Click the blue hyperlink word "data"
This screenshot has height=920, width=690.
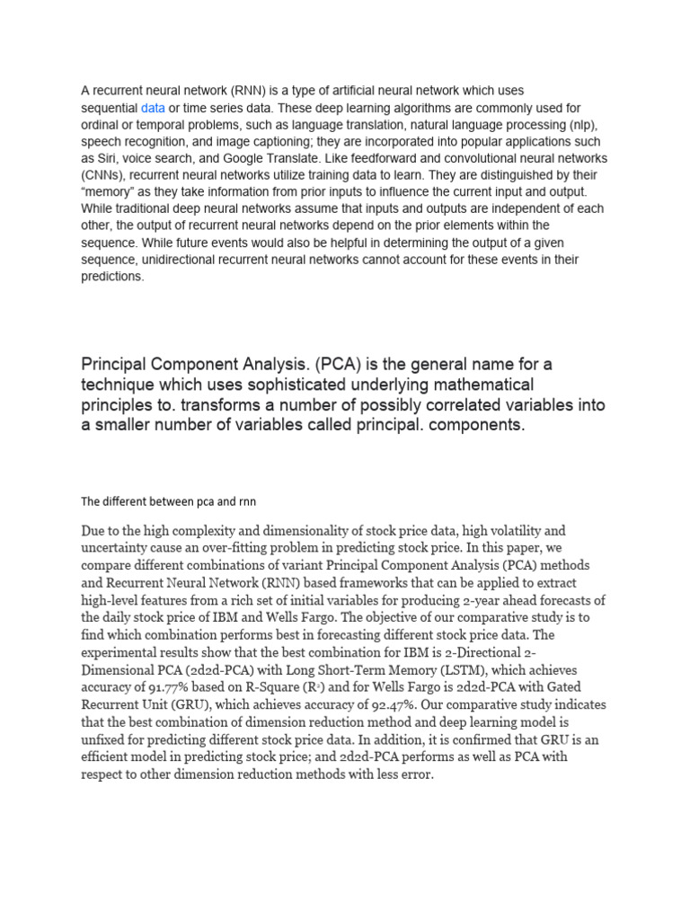(153, 108)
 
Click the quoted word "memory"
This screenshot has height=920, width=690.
(111, 193)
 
